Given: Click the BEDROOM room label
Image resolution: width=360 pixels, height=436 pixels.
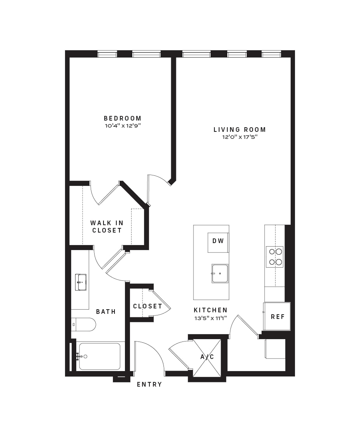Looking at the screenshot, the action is tap(123, 118).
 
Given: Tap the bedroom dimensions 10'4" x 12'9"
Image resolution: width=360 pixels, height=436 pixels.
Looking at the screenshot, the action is tap(123, 126).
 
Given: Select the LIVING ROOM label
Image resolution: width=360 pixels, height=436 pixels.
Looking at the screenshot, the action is tap(239, 130).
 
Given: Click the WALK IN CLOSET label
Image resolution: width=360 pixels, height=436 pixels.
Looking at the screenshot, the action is tap(107, 227).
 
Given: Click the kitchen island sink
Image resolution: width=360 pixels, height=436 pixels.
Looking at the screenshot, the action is tap(220, 273).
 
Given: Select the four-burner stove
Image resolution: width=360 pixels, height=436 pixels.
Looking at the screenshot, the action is tap(275, 257).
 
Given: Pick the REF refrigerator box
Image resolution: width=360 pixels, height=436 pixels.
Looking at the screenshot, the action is tap(277, 317).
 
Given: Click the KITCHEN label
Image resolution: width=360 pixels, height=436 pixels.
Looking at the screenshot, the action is tap(211, 310).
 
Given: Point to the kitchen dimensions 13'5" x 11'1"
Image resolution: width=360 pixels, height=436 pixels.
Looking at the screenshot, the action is tap(211, 319).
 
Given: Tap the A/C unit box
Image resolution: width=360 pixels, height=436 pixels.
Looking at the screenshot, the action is tap(207, 357).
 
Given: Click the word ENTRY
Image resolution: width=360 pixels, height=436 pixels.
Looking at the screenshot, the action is tap(149, 385).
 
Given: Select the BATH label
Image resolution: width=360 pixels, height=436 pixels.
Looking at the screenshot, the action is tap(106, 312).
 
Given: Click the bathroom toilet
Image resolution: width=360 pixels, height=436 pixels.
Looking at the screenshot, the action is tap(83, 324).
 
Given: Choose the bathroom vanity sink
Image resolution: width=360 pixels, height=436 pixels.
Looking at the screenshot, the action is tap(81, 282).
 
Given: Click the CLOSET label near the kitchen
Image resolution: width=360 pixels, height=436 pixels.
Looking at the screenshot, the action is tap(148, 306).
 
